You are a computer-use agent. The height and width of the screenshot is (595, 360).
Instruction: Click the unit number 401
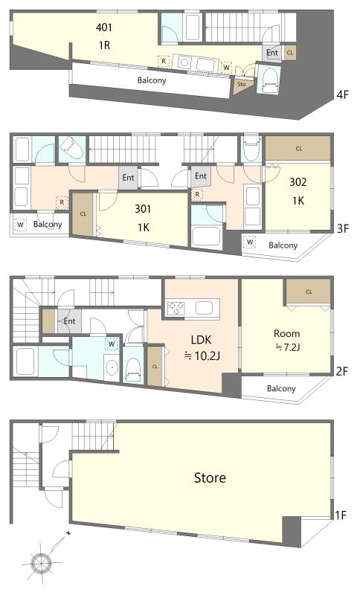(104, 28)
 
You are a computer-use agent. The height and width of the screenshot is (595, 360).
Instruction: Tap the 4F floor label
(343, 94)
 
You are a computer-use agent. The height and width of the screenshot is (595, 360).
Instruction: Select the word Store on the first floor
(209, 477)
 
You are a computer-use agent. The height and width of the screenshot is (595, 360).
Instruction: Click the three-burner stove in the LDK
(177, 307)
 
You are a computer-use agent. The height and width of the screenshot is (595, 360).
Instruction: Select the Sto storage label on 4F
(242, 84)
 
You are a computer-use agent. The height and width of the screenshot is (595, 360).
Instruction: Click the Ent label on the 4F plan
(272, 53)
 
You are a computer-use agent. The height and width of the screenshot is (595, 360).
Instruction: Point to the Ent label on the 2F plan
(69, 321)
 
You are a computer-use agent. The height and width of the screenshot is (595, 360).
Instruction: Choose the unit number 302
(298, 180)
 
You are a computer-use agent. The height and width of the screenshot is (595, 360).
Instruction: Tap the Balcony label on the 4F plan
(151, 79)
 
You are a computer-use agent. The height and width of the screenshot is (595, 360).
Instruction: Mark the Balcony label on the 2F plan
(281, 388)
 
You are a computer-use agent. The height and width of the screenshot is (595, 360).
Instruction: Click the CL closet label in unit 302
(299, 148)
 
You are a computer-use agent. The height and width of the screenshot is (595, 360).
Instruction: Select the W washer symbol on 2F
(112, 344)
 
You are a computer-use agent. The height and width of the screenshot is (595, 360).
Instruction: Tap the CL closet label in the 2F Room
(308, 291)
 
